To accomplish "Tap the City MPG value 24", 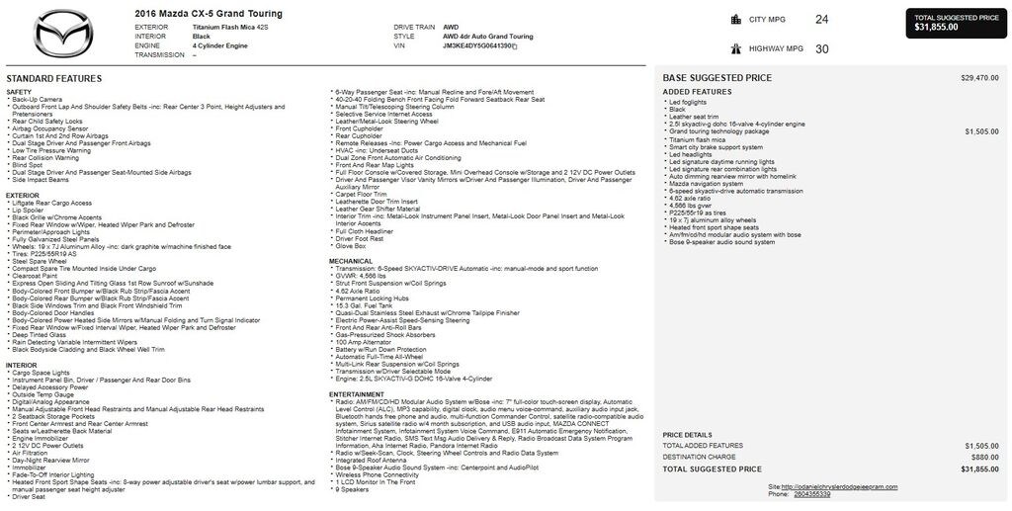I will tap(822, 19).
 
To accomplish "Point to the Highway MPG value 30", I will tap(822, 48).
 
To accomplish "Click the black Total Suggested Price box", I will tap(956, 23).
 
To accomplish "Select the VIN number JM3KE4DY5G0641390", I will tap(477, 45).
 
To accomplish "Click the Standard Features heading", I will tap(53, 78).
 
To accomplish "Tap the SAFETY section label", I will tap(19, 92).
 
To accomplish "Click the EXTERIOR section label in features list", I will tap(23, 195).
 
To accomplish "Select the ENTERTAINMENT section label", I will tap(357, 393).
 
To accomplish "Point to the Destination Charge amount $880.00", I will tap(984, 458).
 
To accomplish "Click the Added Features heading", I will tap(697, 92).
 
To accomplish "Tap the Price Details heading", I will tap(687, 435).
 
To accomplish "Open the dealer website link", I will tap(838, 487).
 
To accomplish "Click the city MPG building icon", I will tap(735, 19).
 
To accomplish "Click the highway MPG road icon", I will tap(735, 48).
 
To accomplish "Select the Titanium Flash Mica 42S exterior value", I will tap(230, 27).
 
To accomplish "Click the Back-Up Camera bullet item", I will tap(38, 99).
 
